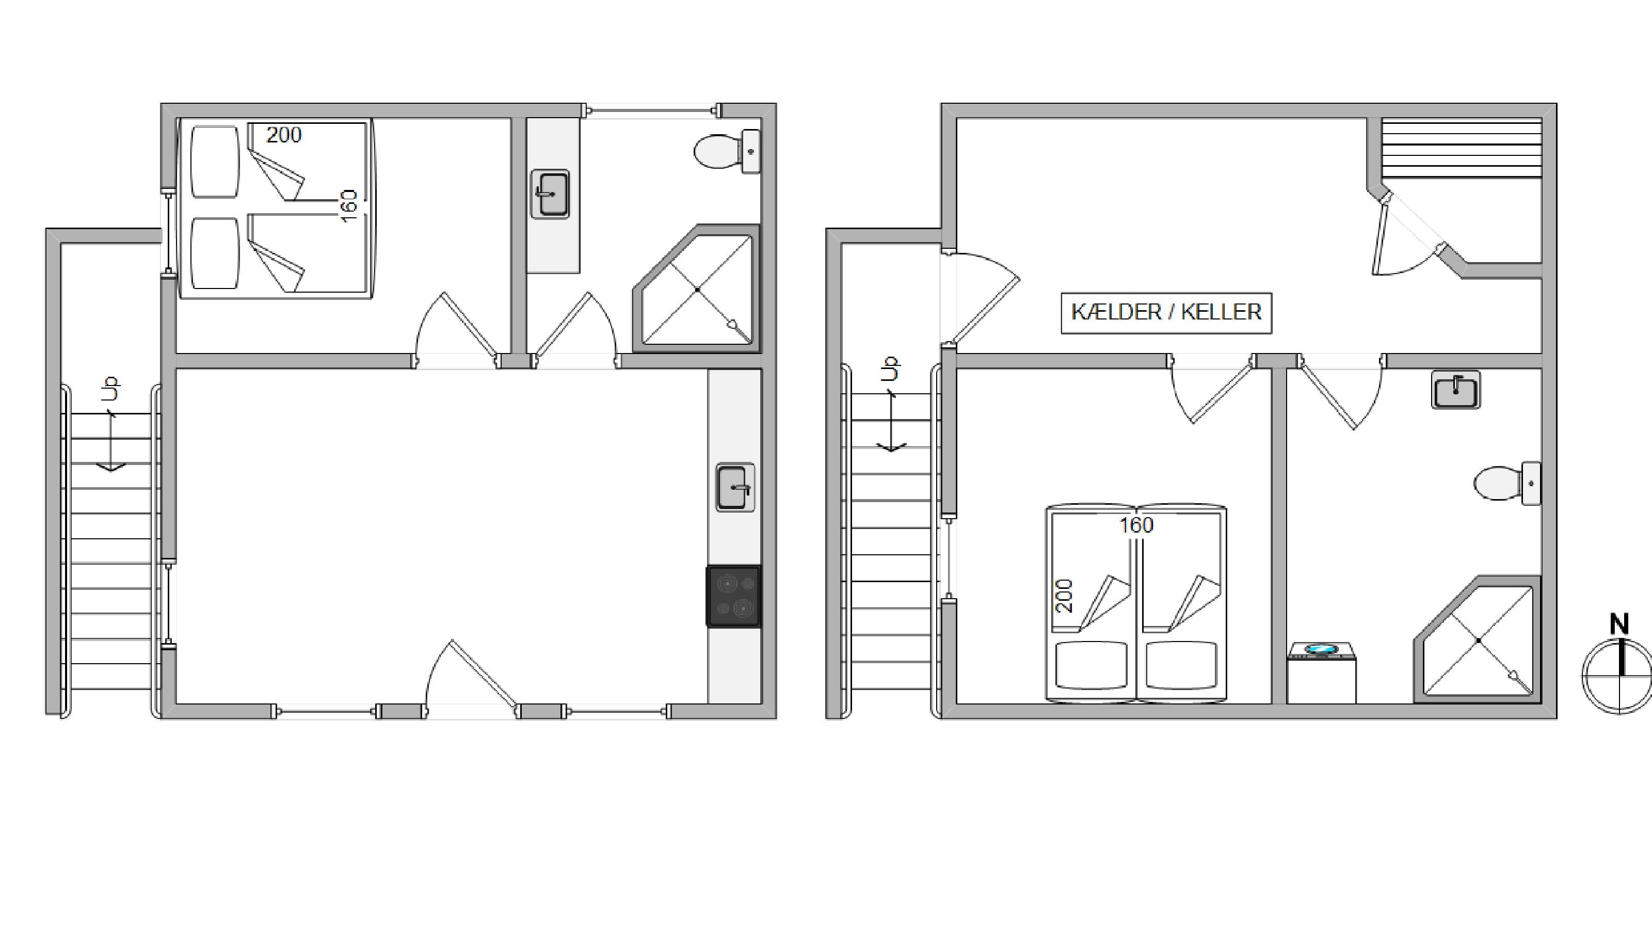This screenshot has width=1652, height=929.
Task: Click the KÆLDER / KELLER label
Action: pos(1166,312)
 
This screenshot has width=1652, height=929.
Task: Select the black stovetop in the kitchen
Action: pos(734,596)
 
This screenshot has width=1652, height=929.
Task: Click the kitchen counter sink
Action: pos(735,487)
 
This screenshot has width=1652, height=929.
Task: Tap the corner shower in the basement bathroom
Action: pos(1478,640)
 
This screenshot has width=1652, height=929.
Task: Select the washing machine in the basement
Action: pos(1321,672)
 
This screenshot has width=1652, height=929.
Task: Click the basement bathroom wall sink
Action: pos(1456,390)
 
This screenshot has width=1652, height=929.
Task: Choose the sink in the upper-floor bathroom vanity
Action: pos(550,194)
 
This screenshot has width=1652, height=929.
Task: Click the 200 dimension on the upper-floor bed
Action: pos(283,135)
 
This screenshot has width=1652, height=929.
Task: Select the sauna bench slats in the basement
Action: pos(1462,148)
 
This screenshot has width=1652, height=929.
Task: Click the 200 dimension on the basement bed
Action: pos(1064,596)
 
